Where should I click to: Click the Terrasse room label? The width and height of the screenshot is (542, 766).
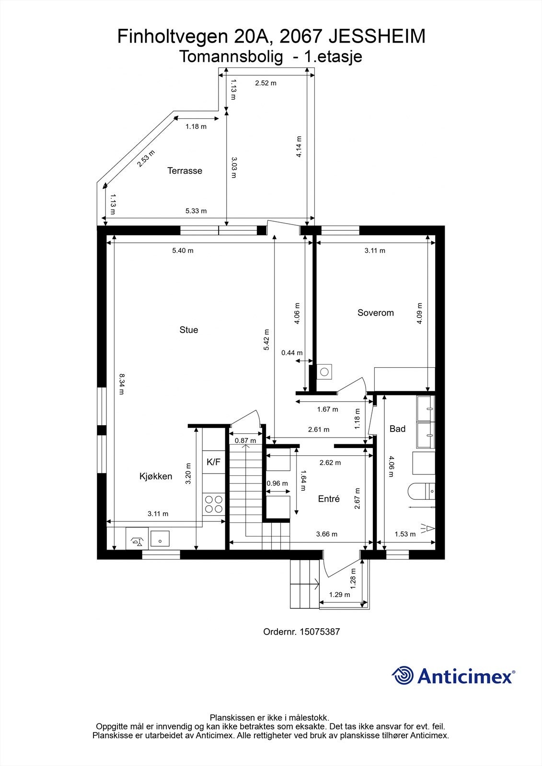(x=185, y=171)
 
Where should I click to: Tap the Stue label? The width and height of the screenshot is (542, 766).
(x=188, y=330)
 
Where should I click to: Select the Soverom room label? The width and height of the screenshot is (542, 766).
(x=375, y=313)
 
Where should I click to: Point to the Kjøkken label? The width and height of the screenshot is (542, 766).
(x=156, y=476)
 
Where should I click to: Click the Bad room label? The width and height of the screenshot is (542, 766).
(x=397, y=429)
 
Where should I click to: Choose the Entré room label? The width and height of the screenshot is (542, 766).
(x=329, y=499)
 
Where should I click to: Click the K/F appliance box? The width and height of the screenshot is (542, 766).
(x=213, y=462)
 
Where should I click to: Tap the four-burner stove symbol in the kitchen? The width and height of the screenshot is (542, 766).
(x=214, y=504)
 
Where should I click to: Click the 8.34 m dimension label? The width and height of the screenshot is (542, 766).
(x=122, y=384)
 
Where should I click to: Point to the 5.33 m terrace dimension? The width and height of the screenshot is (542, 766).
(x=196, y=211)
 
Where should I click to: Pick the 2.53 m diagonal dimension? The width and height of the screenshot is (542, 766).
(x=146, y=158)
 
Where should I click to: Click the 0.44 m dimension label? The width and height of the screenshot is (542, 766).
(x=291, y=353)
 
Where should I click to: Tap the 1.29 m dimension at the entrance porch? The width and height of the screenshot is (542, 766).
(x=339, y=595)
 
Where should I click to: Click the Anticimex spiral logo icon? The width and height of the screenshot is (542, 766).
(x=403, y=676)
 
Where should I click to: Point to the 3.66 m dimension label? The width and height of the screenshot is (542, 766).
(x=326, y=534)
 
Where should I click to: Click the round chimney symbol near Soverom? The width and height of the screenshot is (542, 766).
(x=325, y=372)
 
